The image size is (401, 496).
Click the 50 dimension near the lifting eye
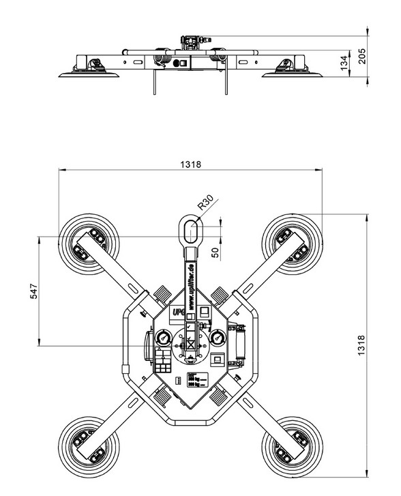216,252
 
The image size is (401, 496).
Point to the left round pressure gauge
163,339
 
